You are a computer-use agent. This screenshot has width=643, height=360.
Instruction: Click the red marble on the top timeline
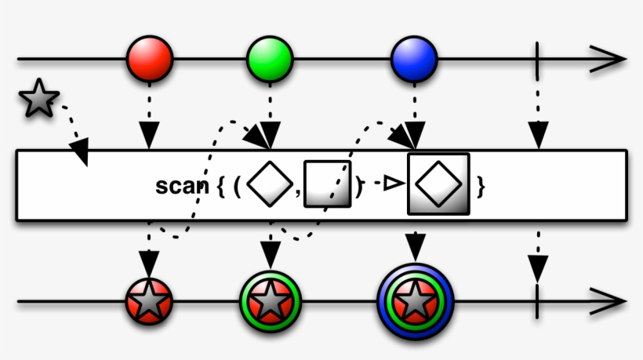[149, 58]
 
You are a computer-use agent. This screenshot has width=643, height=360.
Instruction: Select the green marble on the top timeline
[270, 58]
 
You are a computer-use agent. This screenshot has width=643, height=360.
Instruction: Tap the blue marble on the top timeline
[414, 58]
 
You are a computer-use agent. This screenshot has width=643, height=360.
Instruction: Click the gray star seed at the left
[38, 99]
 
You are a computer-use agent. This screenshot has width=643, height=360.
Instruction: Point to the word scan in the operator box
[183, 187]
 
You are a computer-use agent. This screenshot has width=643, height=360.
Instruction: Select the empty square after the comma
[327, 184]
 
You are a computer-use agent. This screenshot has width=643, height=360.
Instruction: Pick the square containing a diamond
[438, 184]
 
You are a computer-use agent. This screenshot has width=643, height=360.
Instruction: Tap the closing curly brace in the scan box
[481, 187]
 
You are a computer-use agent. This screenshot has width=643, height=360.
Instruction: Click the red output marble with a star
[149, 300]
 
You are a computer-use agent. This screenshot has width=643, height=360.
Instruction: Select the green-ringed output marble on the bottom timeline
[271, 300]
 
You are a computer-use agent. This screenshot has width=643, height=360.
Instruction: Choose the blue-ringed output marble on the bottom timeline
[415, 300]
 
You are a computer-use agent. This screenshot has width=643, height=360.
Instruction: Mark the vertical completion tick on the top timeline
[537, 59]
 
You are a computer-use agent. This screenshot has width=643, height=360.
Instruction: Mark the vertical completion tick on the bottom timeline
[537, 300]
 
